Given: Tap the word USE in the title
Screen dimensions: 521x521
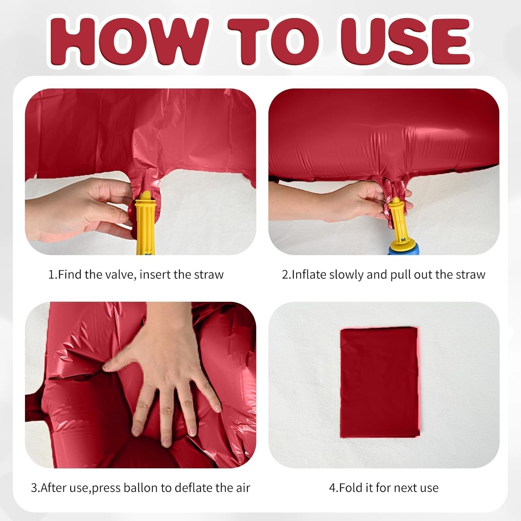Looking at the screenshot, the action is point(406,41).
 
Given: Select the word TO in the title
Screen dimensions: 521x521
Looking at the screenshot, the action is point(274,41).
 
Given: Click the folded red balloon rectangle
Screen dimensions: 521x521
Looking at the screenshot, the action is point(380,382).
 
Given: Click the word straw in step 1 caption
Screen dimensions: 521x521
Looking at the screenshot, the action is point(209,275).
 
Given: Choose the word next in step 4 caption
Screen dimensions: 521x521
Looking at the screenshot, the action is point(406,488).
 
